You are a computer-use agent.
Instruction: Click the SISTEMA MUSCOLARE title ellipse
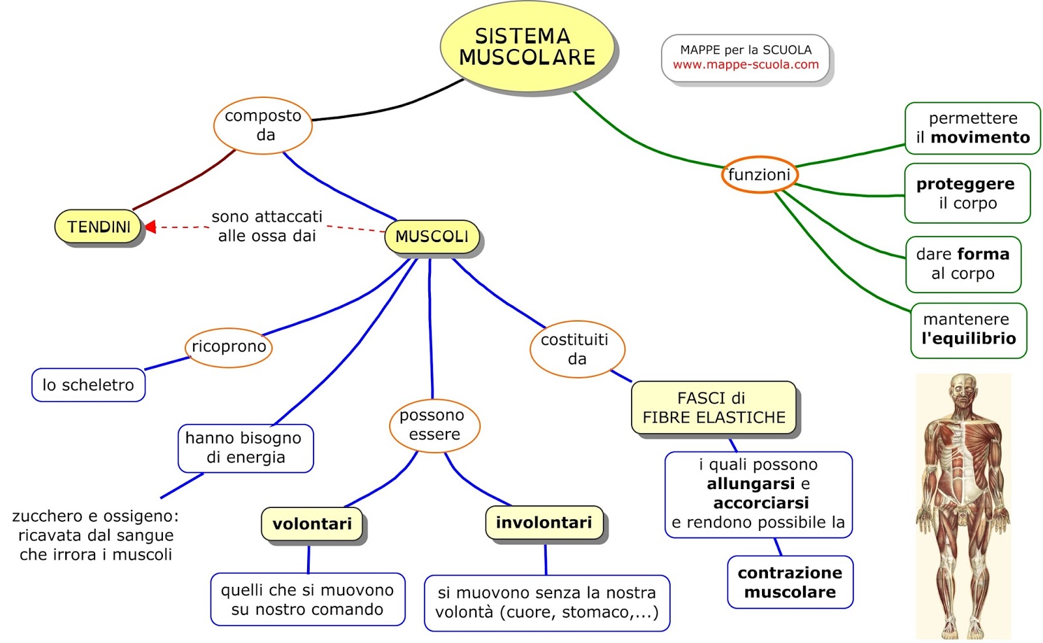tap(527, 46)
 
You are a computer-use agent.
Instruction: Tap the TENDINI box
tap(98, 226)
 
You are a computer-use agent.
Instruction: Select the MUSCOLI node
tap(432, 237)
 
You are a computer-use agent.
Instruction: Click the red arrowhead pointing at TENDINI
tap(150, 227)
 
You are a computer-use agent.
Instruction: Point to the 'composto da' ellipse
tap(263, 125)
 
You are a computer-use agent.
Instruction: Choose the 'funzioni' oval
tap(759, 175)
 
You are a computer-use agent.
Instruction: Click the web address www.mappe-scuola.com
tap(746, 65)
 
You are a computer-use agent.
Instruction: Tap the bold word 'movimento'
tap(980, 138)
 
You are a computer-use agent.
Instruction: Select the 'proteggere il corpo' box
tap(967, 194)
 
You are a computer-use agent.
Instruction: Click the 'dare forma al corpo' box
tap(963, 264)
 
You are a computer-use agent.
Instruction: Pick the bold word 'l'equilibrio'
tap(969, 338)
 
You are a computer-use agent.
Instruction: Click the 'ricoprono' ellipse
tap(229, 347)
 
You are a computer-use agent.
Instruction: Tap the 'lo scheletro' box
tap(89, 385)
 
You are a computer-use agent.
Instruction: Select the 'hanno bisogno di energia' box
tap(246, 448)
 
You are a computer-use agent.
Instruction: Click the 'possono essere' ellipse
tap(434, 425)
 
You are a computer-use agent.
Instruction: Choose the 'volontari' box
tap(312, 524)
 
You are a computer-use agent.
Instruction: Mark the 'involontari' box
tap(544, 523)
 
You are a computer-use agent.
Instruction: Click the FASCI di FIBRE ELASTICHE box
tap(713, 408)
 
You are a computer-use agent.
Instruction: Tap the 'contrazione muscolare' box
tap(790, 582)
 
